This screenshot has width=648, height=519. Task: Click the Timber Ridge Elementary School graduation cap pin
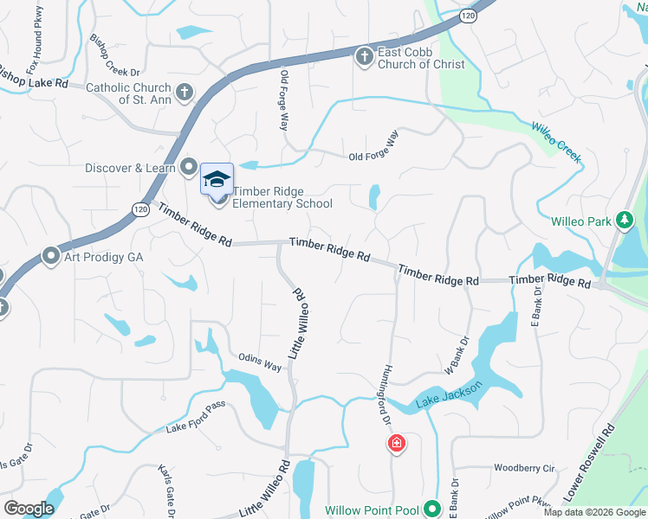[x=217, y=180]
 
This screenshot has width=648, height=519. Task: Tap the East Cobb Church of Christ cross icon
[x=365, y=57]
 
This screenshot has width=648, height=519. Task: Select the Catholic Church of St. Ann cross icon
[x=184, y=92]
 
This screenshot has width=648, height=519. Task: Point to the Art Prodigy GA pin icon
[x=50, y=257]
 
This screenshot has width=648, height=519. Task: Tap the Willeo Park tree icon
[x=623, y=221]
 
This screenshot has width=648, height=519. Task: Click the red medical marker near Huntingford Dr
[x=396, y=444]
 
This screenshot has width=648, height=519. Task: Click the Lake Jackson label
[x=446, y=398]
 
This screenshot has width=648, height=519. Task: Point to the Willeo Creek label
[x=555, y=143]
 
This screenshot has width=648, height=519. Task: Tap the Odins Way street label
[x=260, y=362]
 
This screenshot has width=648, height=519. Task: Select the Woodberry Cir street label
[x=523, y=468]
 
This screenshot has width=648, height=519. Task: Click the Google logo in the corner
[x=28, y=508]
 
